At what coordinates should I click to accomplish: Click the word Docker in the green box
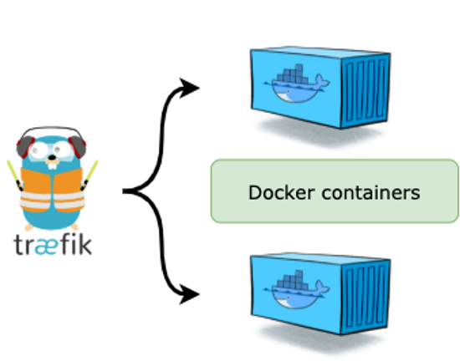pos(282,193)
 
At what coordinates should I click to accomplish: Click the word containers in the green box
pos(371,193)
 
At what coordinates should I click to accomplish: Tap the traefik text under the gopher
pos(53,245)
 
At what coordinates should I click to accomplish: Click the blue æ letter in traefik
pos(46,247)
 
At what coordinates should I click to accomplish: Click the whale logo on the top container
pos(296,84)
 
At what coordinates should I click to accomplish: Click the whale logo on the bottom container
pos(296,290)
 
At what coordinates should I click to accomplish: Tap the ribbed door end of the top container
pos(365,90)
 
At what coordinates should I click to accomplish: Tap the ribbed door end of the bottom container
pos(365,297)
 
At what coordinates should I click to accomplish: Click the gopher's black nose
pos(52,158)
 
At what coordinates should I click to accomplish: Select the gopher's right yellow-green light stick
pos(89,175)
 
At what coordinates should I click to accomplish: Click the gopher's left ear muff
pos(23,147)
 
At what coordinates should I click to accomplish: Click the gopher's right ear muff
pos(78,147)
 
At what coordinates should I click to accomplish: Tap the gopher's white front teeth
pos(52,166)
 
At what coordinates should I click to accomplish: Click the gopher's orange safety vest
pos(52,189)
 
